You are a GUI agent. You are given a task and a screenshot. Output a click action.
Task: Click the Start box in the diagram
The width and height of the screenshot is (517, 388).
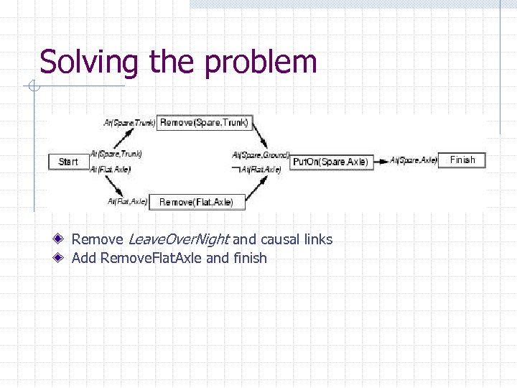tap(68, 162)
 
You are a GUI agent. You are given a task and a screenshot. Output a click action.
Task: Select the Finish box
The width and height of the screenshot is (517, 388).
tap(462, 160)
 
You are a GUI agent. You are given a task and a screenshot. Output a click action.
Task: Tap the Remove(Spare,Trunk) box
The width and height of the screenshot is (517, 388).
tap(204, 123)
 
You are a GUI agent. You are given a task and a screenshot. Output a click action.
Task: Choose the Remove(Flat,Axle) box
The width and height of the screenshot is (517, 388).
tap(197, 203)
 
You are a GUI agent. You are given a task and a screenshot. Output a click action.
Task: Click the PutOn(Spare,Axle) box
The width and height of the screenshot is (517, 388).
tap(331, 162)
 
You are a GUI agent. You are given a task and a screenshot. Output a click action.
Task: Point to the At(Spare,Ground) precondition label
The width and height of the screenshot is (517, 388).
tap(261, 154)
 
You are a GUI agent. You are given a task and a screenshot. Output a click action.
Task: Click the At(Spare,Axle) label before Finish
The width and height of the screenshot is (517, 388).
tap(414, 160)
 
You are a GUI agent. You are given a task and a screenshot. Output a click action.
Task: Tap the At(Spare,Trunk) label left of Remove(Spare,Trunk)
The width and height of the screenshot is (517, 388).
tap(129, 123)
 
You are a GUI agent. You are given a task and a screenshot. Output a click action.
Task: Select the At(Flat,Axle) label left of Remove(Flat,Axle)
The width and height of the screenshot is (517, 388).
tap(128, 202)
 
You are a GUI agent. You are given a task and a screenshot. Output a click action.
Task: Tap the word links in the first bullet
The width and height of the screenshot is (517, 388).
tap(318, 239)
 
